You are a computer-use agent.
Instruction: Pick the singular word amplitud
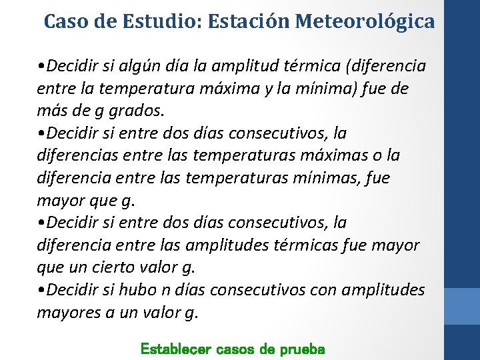pyautogui.click(x=249, y=67)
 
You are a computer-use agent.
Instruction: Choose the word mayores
pyautogui.click(x=68, y=312)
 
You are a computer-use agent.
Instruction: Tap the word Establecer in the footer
pyautogui.click(x=175, y=349)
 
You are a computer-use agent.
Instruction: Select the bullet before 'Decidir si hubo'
pyautogui.click(x=42, y=290)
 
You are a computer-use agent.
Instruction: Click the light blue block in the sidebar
pyautogui.click(x=461, y=306)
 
